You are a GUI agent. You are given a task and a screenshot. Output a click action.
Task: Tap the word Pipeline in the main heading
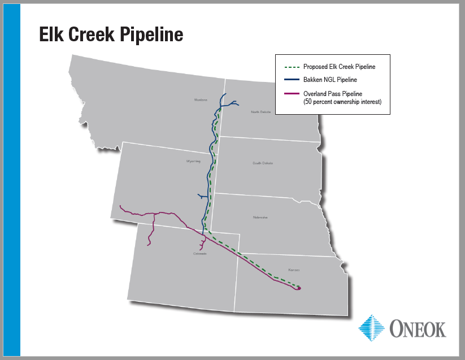(x=152, y=34)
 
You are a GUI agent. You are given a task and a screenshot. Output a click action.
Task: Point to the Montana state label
(x=201, y=100)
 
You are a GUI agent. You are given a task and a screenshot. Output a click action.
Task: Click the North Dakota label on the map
(x=261, y=112)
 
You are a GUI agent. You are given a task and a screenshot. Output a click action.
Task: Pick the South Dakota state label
(x=263, y=163)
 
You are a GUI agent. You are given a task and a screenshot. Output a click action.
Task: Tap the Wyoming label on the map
(x=193, y=161)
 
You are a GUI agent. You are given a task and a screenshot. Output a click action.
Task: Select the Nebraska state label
(x=260, y=218)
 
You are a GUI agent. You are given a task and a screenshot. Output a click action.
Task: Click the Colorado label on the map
(x=200, y=254)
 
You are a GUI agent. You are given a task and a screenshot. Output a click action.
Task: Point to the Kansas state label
(x=293, y=270)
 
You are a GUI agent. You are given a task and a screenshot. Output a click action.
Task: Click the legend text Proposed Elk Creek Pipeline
(x=339, y=67)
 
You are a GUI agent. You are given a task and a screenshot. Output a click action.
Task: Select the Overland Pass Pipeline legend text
(x=333, y=93)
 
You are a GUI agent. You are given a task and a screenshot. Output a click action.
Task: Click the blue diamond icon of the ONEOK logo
(x=371, y=328)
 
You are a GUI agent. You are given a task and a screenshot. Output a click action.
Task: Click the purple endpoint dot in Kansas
(x=299, y=288)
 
